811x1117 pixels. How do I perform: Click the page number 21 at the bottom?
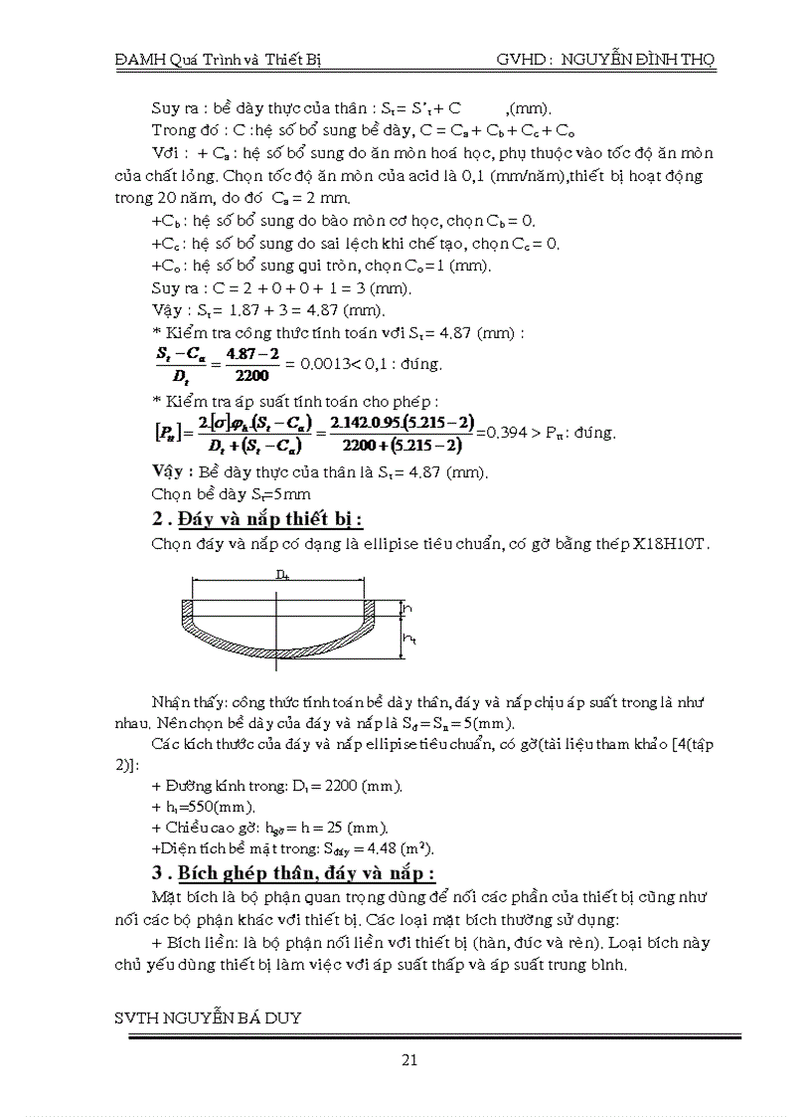tap(408, 1058)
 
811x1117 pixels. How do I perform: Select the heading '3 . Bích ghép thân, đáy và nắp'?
tap(292, 873)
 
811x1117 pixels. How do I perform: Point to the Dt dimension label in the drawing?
tap(284, 575)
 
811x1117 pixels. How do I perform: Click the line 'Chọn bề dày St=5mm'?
tap(231, 493)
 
